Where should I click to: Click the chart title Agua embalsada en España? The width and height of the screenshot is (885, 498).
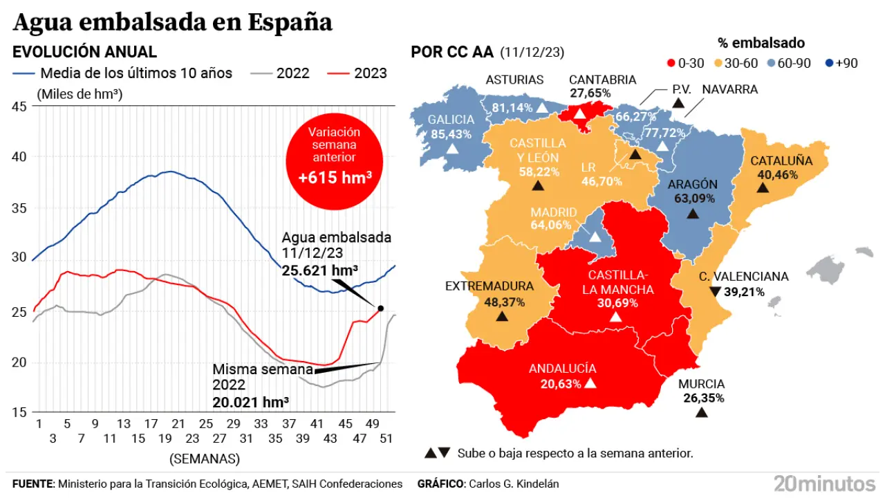point(173,22)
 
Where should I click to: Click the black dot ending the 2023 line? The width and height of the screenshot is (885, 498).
point(380,308)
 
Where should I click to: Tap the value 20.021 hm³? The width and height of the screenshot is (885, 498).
point(251,402)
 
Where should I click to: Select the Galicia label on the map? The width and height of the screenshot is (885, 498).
point(451,120)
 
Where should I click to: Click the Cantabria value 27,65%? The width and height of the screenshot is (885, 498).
point(590,92)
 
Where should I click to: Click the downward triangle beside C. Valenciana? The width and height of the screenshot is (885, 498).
point(715,291)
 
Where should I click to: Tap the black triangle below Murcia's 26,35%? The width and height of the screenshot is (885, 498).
point(701,412)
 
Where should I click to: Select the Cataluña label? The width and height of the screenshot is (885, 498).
point(781,160)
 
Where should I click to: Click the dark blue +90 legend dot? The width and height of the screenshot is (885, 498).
point(829,63)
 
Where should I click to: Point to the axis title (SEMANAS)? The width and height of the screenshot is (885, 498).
point(205,458)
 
